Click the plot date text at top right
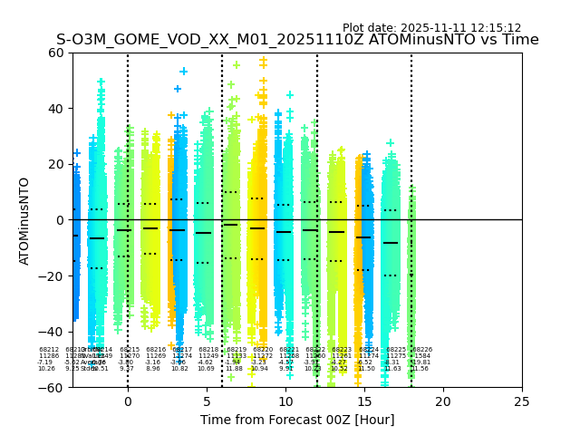[x=431, y=28]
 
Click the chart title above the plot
[x=297, y=40]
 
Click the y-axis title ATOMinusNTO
[x=24, y=220]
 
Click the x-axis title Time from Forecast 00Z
[x=297, y=420]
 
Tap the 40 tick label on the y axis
[x=56, y=109]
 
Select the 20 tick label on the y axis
[x=56, y=164]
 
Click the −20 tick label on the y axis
[x=53, y=275]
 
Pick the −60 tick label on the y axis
[x=53, y=387]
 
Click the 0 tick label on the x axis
[x=128, y=401]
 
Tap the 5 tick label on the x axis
[x=207, y=401]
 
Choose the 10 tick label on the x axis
[x=285, y=401]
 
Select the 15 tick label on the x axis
[x=364, y=401]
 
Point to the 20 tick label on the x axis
[x=443, y=401]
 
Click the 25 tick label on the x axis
[x=522, y=401]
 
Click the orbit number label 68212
[x=49, y=350]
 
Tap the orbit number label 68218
[x=208, y=350]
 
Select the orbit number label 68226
[x=422, y=350]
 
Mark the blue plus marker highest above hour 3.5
[x=184, y=71]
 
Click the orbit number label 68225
[x=396, y=350]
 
